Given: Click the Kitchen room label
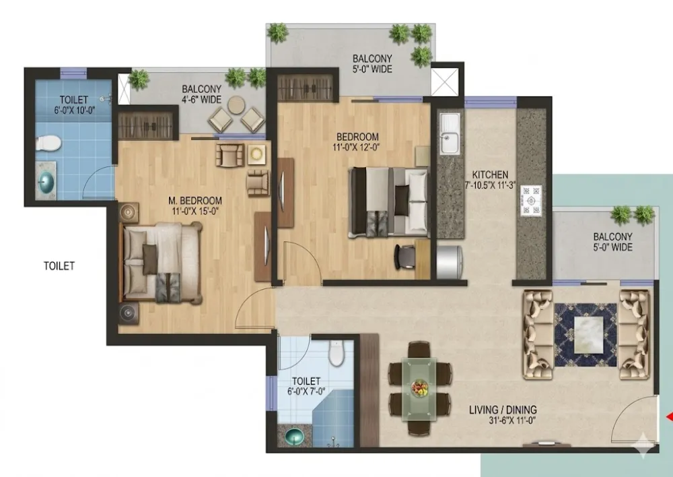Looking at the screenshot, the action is tap(490, 175).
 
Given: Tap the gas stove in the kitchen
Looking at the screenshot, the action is tap(531, 201).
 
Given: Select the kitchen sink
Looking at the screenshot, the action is tap(450, 133).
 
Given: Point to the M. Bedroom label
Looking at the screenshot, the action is tap(195, 201).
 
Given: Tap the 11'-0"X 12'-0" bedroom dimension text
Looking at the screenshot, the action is tap(356, 148).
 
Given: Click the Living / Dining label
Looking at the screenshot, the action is tap(503, 410).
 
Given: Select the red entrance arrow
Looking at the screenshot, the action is tap(669, 417).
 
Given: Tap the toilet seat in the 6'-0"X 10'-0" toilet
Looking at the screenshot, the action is tap(48, 143).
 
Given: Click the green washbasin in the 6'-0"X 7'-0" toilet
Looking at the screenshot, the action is tap(295, 437).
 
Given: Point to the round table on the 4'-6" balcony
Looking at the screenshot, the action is tap(236, 105).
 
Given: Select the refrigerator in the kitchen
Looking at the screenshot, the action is tap(449, 262).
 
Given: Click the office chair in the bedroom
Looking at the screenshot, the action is tap(404, 257).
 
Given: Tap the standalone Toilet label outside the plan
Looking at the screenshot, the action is tap(59, 266).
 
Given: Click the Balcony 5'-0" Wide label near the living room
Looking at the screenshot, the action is tap(613, 242).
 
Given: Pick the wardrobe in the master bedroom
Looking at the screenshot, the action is tap(145, 125).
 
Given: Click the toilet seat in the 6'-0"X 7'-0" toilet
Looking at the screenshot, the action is tap(336, 353).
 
